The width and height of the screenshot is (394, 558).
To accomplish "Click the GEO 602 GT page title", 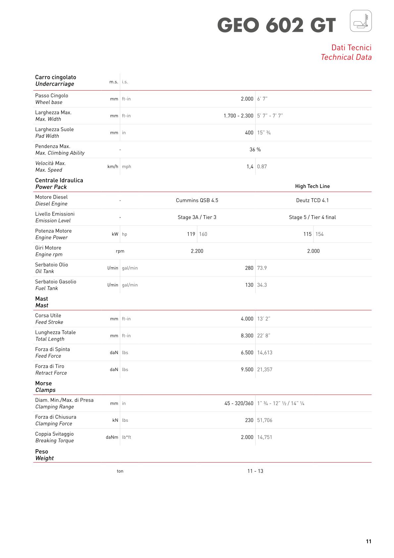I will click(x=276, y=26).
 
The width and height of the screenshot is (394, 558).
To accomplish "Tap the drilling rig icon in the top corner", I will click(x=361, y=21).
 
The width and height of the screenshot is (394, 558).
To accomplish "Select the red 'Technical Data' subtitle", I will click(x=346, y=57).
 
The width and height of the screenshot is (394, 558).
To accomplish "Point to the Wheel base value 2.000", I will click(x=247, y=99).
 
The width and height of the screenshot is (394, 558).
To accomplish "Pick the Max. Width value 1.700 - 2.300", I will click(x=238, y=116).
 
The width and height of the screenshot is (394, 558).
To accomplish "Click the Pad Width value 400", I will click(x=249, y=133).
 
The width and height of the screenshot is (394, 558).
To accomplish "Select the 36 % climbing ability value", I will click(x=255, y=150).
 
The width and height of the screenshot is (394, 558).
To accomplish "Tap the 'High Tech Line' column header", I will click(x=312, y=186).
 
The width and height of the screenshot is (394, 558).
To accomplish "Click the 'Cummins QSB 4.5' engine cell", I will click(x=197, y=200).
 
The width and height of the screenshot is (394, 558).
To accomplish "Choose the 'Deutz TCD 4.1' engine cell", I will click(x=312, y=200).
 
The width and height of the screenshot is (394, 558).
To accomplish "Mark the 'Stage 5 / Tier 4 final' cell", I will click(x=312, y=217).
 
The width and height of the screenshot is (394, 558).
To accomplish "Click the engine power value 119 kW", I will click(x=191, y=234).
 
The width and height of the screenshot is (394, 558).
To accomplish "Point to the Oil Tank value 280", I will click(x=249, y=268).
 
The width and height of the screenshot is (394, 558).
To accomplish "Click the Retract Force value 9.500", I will click(x=247, y=369).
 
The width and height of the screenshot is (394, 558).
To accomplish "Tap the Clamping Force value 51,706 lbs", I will click(x=265, y=420).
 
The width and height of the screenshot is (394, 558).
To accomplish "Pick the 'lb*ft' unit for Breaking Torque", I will click(x=126, y=437).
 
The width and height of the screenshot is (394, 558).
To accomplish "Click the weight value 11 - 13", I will click(x=255, y=471).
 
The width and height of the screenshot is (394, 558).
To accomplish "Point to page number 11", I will click(x=369, y=541).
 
